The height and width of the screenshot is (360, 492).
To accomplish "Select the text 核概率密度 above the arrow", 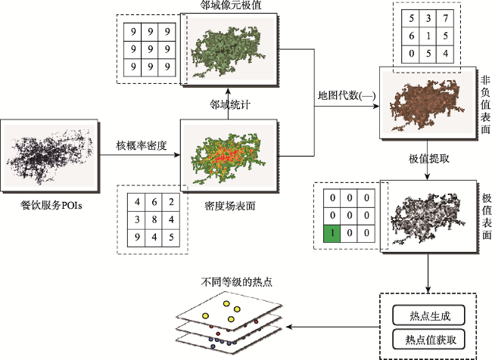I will tap(141, 144).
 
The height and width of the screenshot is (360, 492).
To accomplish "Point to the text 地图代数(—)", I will tap(345, 96).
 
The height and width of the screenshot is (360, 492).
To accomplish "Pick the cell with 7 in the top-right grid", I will tap(448, 17).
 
